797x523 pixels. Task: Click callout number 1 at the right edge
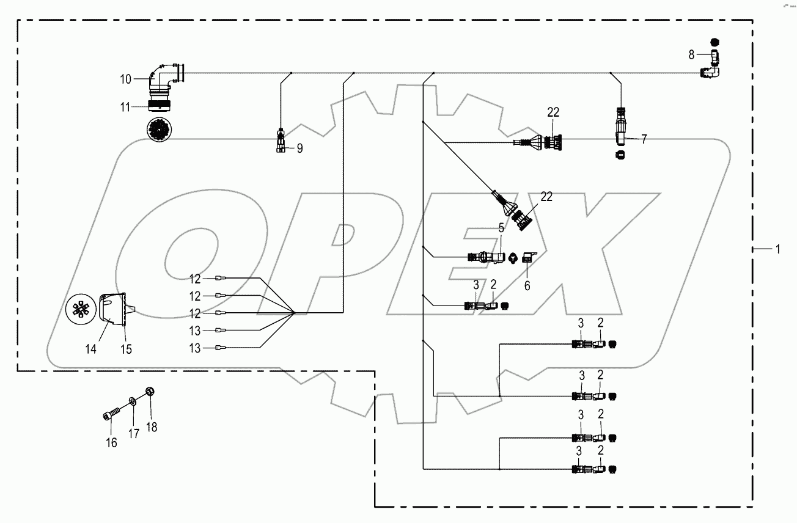coord(777,249)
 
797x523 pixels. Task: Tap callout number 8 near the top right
coord(691,55)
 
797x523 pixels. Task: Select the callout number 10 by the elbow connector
coord(125,79)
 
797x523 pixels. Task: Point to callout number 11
coord(125,107)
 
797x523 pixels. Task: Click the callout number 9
coord(299,148)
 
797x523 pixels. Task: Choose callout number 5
coord(501,228)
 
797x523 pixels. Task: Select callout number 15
coord(126,349)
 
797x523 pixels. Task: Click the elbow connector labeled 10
coord(165,76)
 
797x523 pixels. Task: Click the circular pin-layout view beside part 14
coord(81,311)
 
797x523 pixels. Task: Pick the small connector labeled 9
coord(281,143)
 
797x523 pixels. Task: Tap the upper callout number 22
coord(553,112)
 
